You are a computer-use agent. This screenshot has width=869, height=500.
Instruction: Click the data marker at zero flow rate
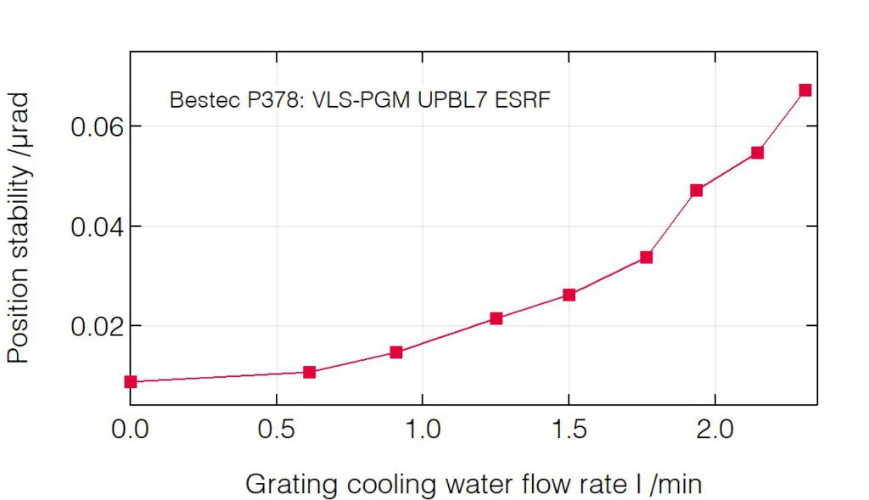coord(131,382)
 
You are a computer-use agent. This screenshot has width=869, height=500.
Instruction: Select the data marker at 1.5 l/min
coord(569,295)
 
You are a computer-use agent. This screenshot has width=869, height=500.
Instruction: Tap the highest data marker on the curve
coord(805,90)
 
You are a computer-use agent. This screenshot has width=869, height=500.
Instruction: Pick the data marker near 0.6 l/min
coord(310,372)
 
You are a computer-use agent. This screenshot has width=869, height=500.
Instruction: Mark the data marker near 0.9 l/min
coord(396,352)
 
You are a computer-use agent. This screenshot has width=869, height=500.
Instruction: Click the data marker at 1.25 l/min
coord(496,318)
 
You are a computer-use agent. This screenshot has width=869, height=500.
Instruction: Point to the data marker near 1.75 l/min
coord(646,257)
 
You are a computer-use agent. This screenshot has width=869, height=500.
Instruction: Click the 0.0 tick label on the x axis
coord(131,430)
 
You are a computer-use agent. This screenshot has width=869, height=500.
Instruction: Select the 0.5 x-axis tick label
coord(277,430)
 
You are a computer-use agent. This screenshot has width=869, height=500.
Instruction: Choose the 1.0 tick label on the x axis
coord(423,430)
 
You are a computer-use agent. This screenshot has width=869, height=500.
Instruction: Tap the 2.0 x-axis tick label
coord(715,430)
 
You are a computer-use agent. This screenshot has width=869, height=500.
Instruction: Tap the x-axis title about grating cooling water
coord(474,485)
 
